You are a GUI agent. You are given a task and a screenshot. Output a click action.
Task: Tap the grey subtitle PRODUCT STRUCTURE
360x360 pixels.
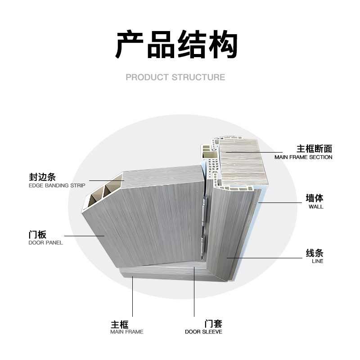coord(175,77)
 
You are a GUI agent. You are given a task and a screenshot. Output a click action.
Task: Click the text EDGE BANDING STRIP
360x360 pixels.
coord(57,185)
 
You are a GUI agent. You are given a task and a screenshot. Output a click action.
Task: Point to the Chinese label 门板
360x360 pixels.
coord(37,234)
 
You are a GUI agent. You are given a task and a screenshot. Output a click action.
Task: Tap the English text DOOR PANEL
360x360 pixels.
coord(45,243)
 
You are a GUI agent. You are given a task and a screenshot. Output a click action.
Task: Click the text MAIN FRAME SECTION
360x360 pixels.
coord(303,157)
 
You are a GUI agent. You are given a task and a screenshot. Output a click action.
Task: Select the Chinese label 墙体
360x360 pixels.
coord(315,198)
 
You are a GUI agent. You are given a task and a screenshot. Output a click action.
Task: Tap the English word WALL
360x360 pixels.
coord(316,207)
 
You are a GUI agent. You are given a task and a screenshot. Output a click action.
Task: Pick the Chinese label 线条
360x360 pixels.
coord(315,253)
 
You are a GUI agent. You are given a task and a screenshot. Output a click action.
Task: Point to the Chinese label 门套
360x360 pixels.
coord(213,324)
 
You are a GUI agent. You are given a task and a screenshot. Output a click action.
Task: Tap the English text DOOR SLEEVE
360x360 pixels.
coord(203,332)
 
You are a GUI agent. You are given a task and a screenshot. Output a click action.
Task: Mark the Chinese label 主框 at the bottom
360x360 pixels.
coord(120,324)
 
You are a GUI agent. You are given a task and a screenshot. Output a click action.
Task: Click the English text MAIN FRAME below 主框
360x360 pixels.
coord(127,332)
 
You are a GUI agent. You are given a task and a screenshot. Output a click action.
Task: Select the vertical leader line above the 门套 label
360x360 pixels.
coord(194,292)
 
